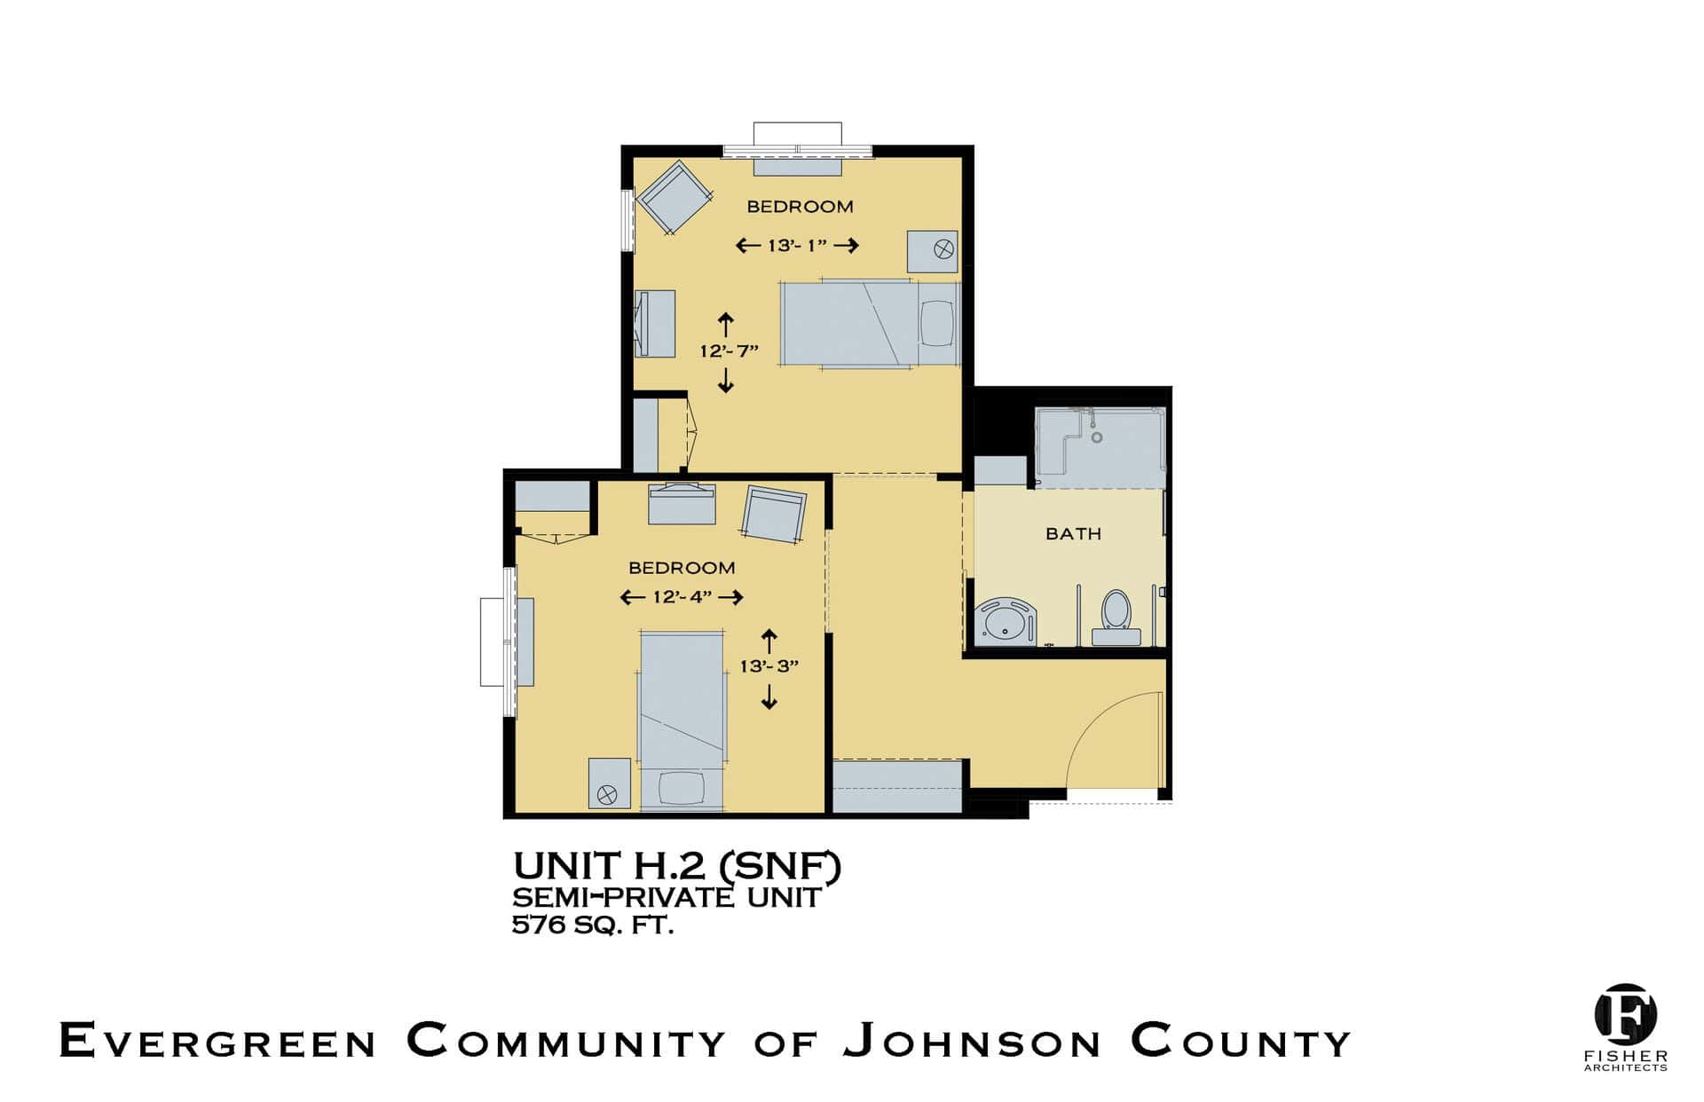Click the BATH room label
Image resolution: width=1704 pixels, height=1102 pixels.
click(x=1073, y=533)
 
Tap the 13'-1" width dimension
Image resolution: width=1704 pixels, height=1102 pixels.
click(x=797, y=245)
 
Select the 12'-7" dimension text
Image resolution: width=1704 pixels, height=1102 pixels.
click(x=729, y=350)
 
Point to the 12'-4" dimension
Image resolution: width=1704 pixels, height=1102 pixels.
click(x=682, y=597)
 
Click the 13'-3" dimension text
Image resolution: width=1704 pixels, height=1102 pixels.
click(x=769, y=665)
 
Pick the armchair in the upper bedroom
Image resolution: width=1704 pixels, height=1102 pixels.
click(x=674, y=197)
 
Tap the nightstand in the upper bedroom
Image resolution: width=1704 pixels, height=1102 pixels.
click(x=932, y=251)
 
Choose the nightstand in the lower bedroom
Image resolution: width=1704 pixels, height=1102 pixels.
click(x=610, y=783)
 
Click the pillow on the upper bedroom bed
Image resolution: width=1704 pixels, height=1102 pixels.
click(x=936, y=324)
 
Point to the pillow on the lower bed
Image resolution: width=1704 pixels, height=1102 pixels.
click(x=682, y=788)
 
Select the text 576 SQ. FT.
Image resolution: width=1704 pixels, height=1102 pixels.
click(x=593, y=925)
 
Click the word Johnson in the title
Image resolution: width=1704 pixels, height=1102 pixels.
click(x=973, y=1041)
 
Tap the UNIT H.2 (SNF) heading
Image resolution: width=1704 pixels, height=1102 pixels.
click(x=677, y=866)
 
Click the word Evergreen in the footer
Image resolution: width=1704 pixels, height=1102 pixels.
click(x=217, y=1041)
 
